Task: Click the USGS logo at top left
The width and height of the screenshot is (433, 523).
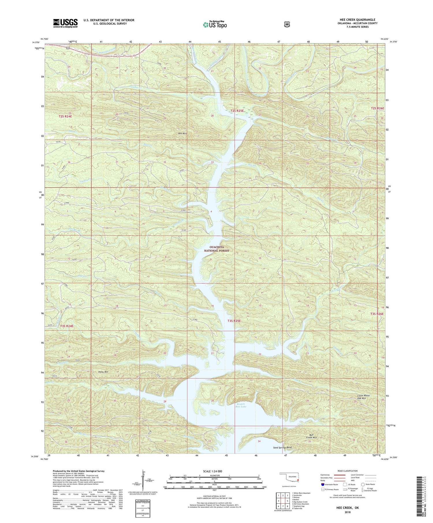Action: click(x=65, y=23)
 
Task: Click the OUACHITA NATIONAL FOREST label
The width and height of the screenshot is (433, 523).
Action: click(x=216, y=249)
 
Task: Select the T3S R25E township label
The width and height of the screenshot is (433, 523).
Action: click(x=234, y=321)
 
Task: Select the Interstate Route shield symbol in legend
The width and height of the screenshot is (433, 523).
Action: click(x=322, y=485)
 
